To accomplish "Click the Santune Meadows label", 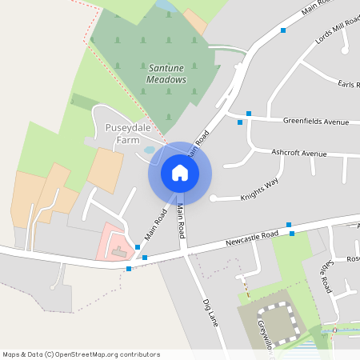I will pos(166,74).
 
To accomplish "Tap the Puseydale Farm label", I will pos(122,134).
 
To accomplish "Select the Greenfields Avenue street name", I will pos(316,122).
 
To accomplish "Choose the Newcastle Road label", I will pos(251,238).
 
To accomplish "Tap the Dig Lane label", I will pos(211,313).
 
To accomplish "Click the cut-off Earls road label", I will pos(348,84).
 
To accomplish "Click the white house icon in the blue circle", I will pos(180,173).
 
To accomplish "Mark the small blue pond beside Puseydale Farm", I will pos(150,150).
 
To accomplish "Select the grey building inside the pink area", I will pos(119,253).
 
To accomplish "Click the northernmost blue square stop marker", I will pos(283,30).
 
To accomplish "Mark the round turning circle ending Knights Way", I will pos(214,198).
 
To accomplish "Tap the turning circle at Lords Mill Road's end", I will pos(346,50).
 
